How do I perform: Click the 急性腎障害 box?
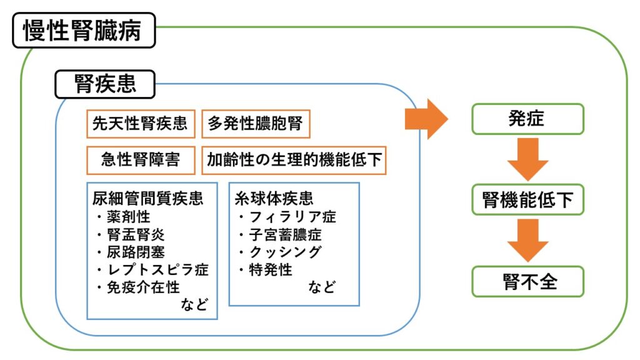click(141, 160)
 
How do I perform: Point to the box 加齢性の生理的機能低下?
click(294, 160)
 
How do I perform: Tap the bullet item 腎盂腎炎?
click(134, 235)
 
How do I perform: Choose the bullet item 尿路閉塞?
click(134, 252)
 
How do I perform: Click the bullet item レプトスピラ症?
click(152, 270)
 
